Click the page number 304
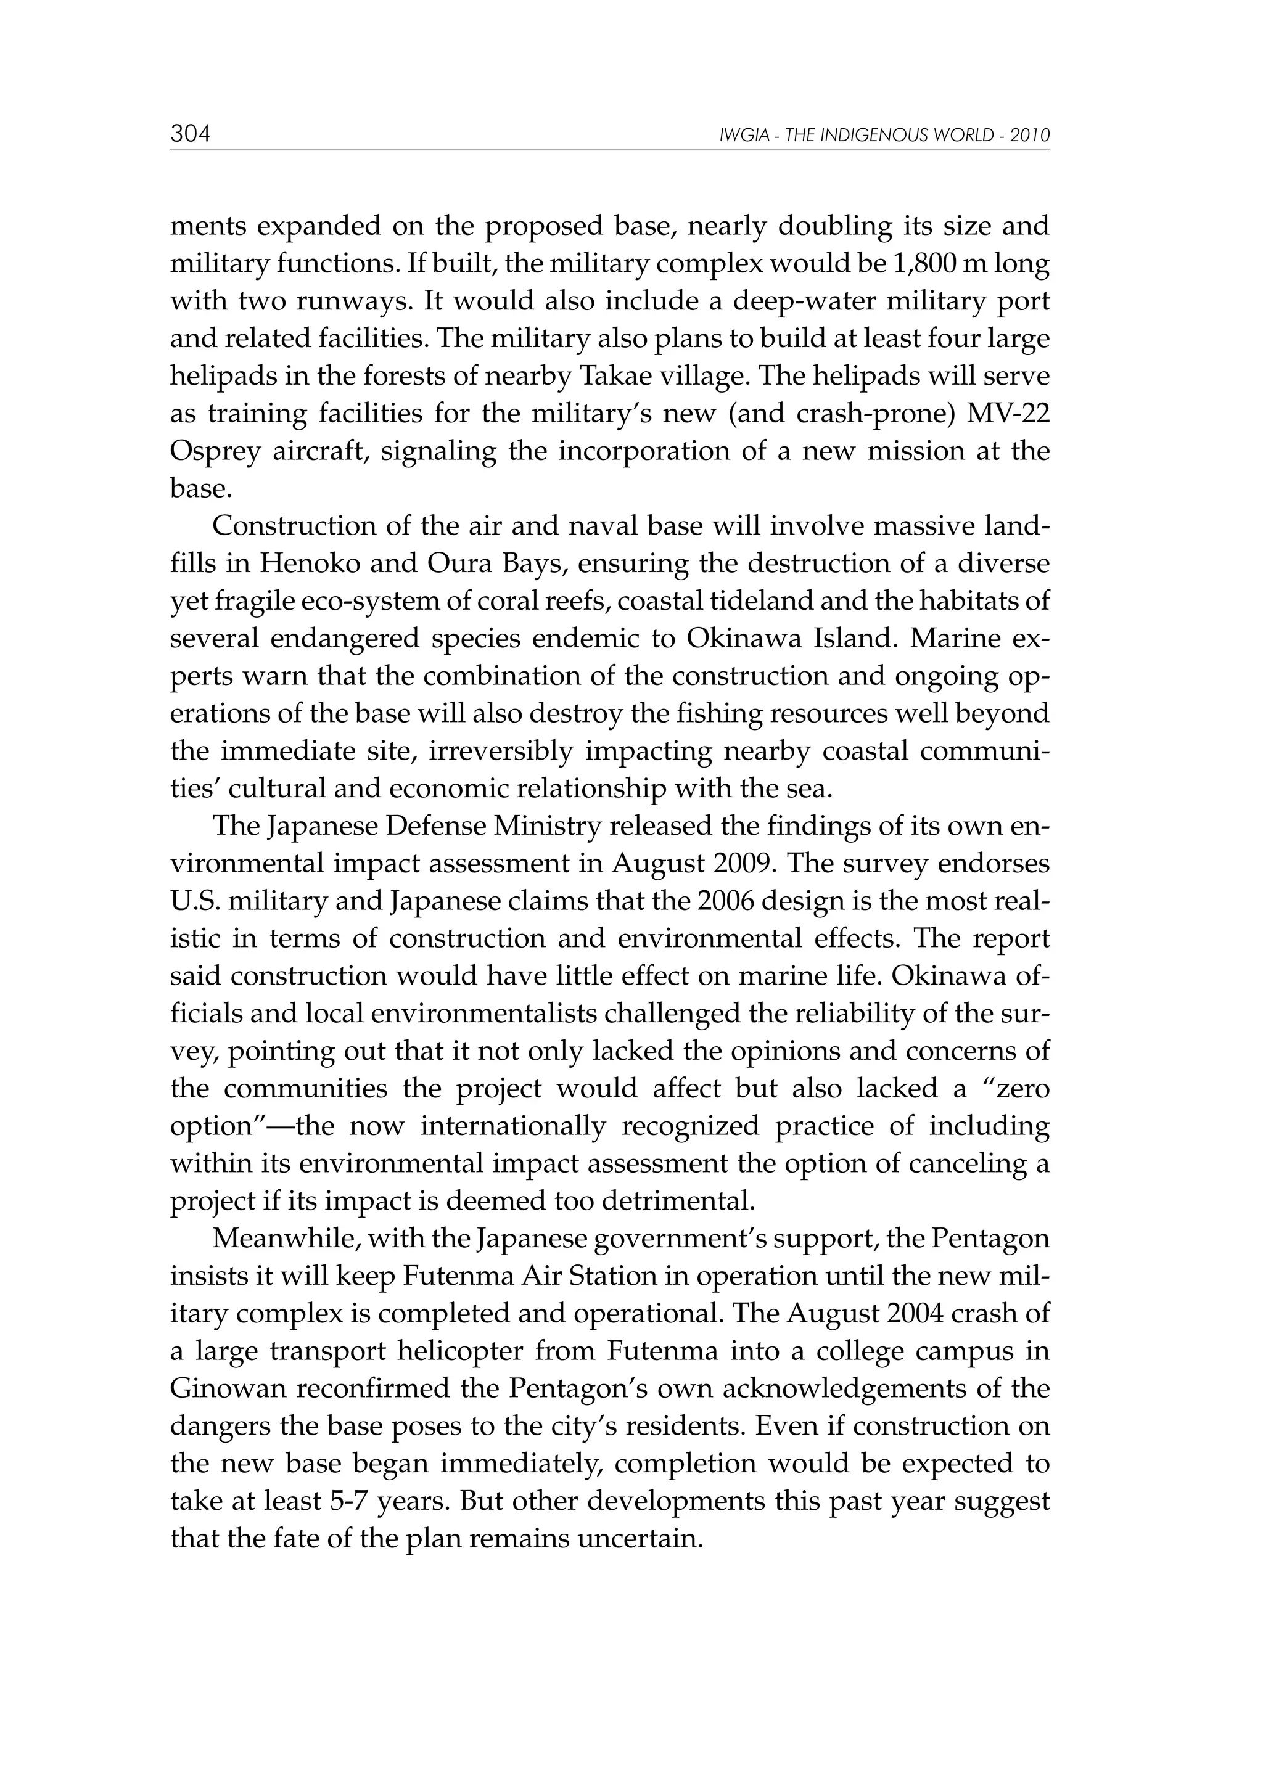(190, 134)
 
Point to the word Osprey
(215, 452)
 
